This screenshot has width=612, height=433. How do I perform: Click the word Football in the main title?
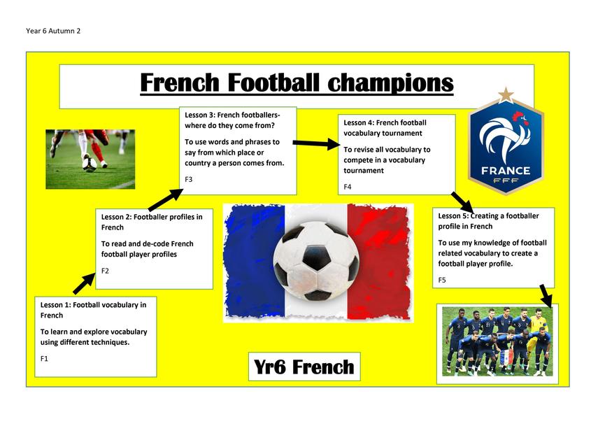(273, 83)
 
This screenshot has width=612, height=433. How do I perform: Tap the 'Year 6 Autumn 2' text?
(53, 31)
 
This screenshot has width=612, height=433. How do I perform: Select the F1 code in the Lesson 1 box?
(44, 358)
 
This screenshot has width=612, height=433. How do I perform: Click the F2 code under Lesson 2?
(105, 271)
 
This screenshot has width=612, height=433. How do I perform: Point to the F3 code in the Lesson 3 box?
(189, 179)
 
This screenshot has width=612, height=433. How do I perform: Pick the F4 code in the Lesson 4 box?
(348, 187)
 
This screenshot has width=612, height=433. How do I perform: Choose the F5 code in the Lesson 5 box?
(442, 280)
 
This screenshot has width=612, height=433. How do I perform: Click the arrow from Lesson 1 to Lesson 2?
(85, 283)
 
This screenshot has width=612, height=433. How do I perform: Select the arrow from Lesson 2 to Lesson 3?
(166, 199)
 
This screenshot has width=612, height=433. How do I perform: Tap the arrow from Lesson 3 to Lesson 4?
(317, 143)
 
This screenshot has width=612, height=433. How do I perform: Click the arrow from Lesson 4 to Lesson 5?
(462, 202)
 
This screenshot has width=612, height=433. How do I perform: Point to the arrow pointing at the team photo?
(546, 296)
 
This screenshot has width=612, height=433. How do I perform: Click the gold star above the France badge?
(506, 95)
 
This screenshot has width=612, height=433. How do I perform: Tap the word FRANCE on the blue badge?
(506, 171)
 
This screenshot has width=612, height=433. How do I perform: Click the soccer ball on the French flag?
(316, 261)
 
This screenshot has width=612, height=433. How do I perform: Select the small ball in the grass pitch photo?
(90, 163)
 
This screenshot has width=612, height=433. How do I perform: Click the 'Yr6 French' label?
(304, 367)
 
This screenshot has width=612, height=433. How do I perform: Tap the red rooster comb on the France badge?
(520, 116)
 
